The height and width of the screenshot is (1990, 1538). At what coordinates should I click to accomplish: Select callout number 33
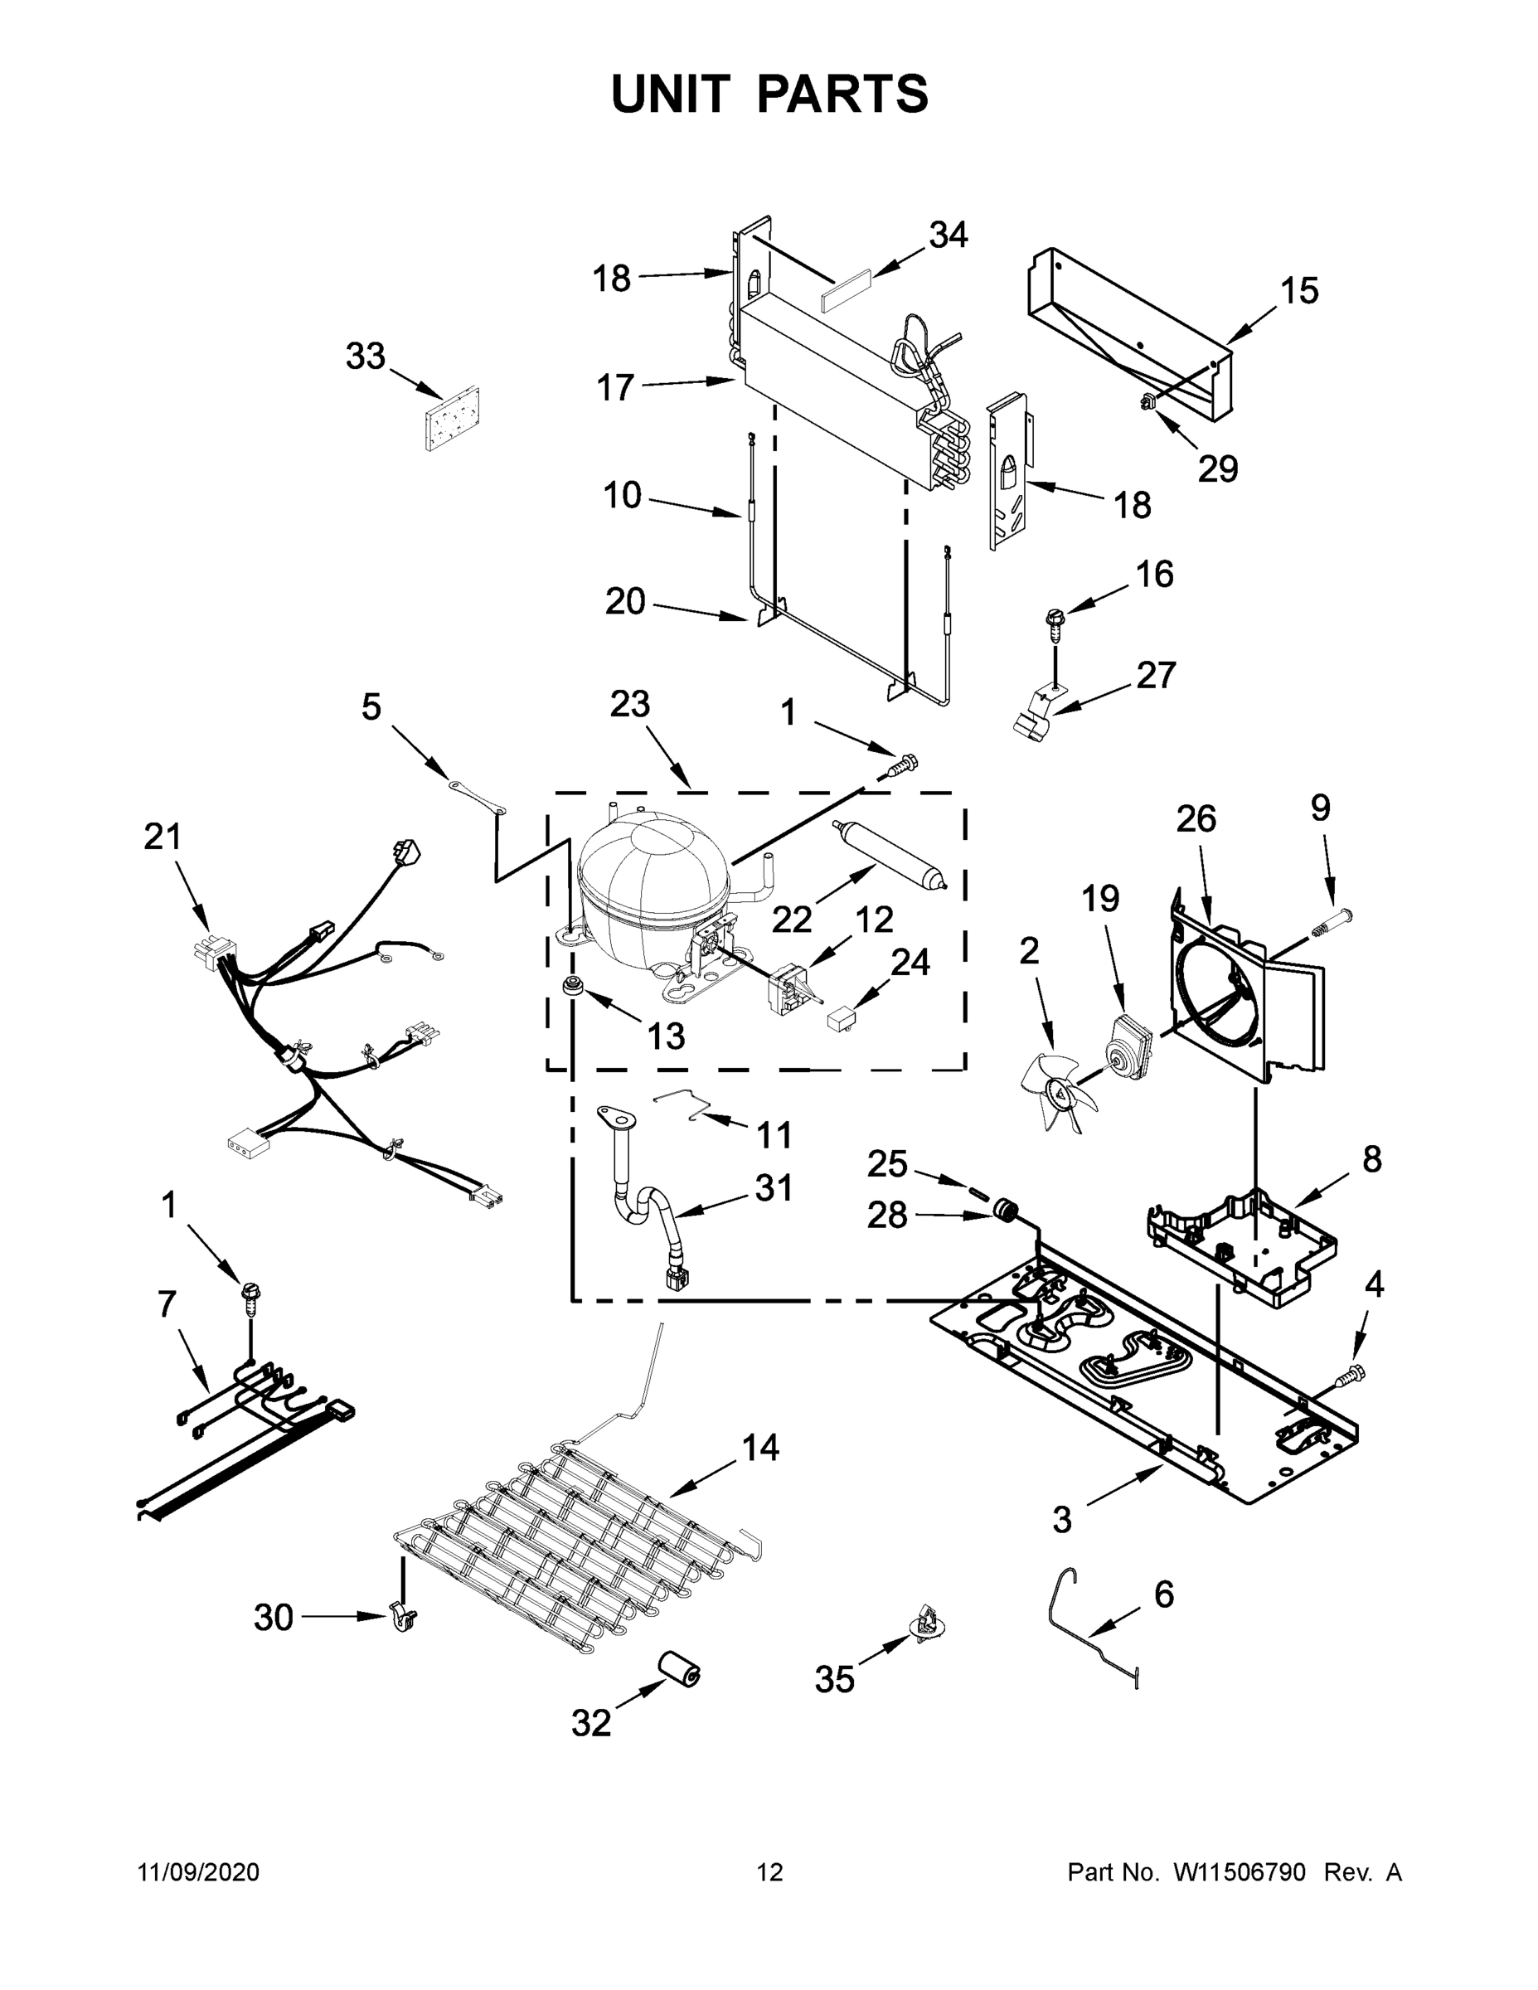coord(365,357)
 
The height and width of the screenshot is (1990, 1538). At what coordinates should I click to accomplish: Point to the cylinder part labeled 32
coord(680,1668)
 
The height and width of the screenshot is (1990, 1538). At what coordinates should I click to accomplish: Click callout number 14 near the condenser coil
coord(760,1447)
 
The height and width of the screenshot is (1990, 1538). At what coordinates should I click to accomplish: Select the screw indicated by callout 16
coord(1055,625)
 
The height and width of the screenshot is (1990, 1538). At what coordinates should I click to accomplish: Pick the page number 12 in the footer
coord(769,1871)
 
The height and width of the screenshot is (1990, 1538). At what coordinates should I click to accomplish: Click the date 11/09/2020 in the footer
coord(199,1871)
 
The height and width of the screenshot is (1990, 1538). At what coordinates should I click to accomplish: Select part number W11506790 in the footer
coord(1240,1871)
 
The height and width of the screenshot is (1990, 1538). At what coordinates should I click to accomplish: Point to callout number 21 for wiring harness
coord(163,837)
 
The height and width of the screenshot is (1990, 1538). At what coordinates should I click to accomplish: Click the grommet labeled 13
coord(574,985)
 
